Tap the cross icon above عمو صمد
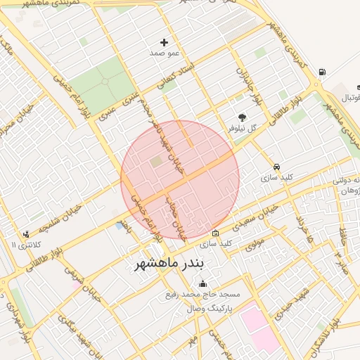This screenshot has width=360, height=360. pos(165,43)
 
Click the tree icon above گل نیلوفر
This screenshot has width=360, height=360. pos(243,117)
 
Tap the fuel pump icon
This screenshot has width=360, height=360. pos(322,72)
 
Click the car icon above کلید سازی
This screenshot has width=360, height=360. pos(276,167)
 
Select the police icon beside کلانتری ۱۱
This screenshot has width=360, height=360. pos(26,234)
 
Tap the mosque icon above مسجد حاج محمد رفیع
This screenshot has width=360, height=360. pos(203,284)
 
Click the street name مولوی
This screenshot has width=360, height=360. pos(255,243)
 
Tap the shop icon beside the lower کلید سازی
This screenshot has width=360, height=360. pos(215,233)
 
